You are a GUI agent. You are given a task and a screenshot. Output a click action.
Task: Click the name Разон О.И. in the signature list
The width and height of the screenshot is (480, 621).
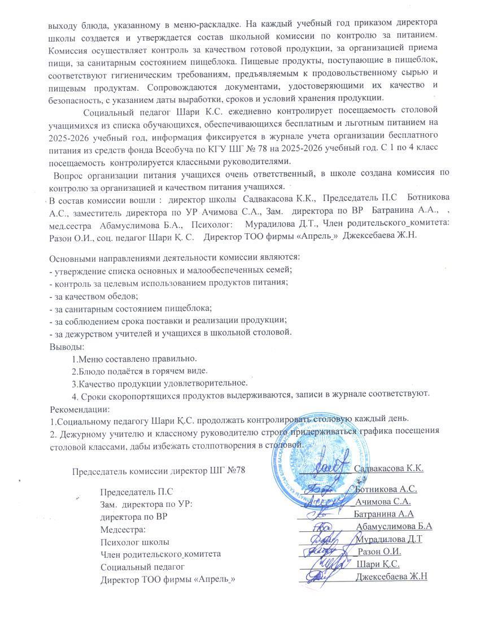tap(379, 552)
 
